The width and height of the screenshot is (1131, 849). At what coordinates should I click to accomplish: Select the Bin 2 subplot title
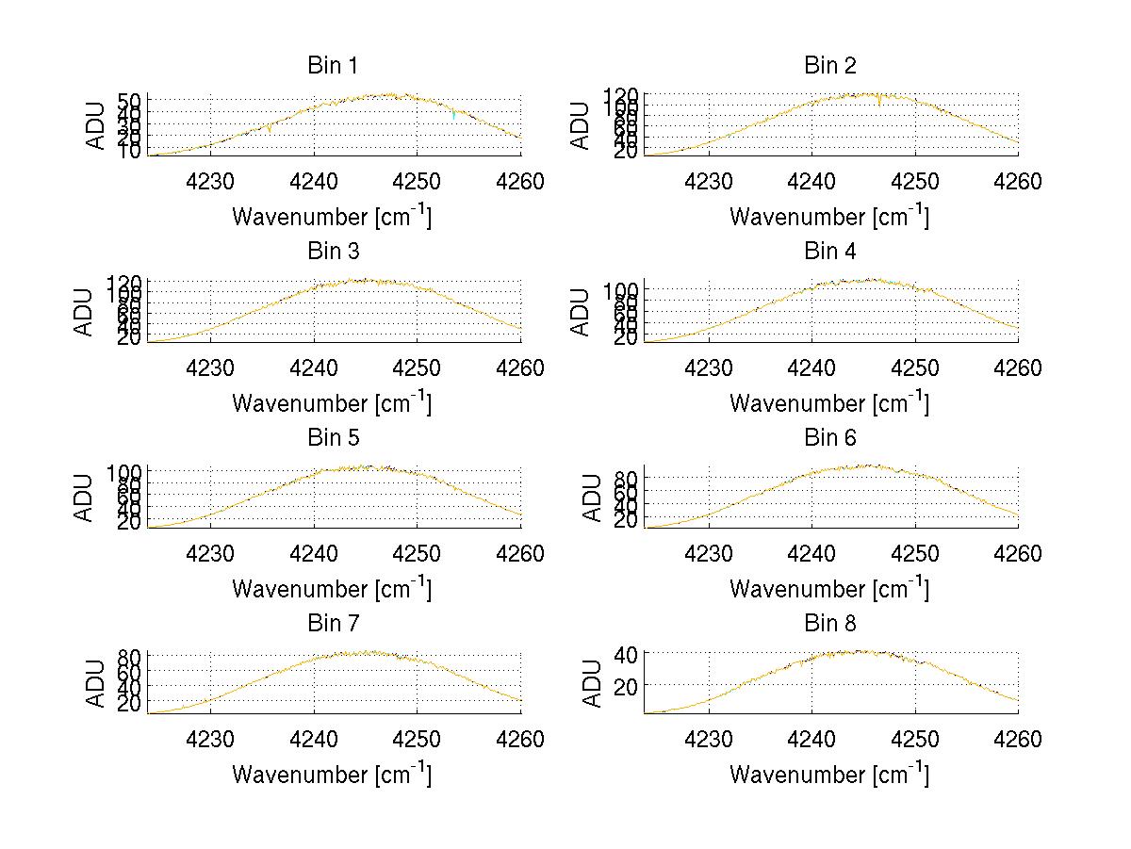coord(829,66)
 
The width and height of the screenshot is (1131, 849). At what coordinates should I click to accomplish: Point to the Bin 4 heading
coord(829,252)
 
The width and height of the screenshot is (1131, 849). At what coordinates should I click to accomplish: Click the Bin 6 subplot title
coord(829,438)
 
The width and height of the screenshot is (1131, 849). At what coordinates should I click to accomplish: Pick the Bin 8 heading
coord(829,624)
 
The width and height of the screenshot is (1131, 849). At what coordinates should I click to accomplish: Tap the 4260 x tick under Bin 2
coord(1017,182)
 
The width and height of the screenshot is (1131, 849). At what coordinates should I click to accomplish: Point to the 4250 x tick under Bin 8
coord(914,740)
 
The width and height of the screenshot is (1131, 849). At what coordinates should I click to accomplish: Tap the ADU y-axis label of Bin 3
coord(85,311)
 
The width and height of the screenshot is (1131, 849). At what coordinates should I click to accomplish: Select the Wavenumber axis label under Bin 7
coord(332,775)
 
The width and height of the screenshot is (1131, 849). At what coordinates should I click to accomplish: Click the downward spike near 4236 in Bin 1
coord(270,129)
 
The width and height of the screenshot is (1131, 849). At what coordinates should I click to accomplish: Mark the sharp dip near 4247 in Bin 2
coord(879,102)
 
